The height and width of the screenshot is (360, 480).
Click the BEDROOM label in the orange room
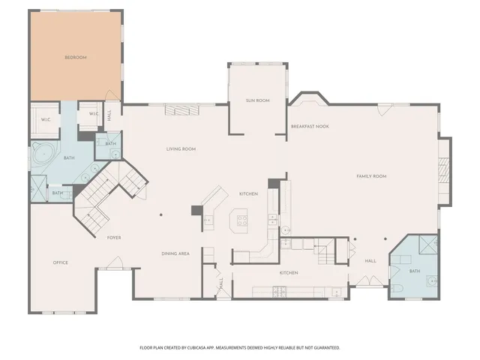click(x=75, y=58)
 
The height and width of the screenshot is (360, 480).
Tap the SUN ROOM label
click(x=257, y=100)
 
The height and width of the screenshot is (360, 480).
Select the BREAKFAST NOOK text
click(x=310, y=126)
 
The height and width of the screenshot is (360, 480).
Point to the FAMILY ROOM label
click(x=370, y=175)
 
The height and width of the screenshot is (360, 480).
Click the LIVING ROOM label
click(x=181, y=148)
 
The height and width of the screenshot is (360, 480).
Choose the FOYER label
click(x=114, y=237)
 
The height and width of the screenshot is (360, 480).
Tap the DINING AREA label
click(x=175, y=253)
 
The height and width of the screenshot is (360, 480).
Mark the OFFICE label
click(x=61, y=262)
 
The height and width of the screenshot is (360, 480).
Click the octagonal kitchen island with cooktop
click(x=242, y=220)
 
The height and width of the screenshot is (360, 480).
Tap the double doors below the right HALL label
click(x=370, y=280)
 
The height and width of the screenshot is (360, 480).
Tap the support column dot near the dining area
click(x=160, y=215)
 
